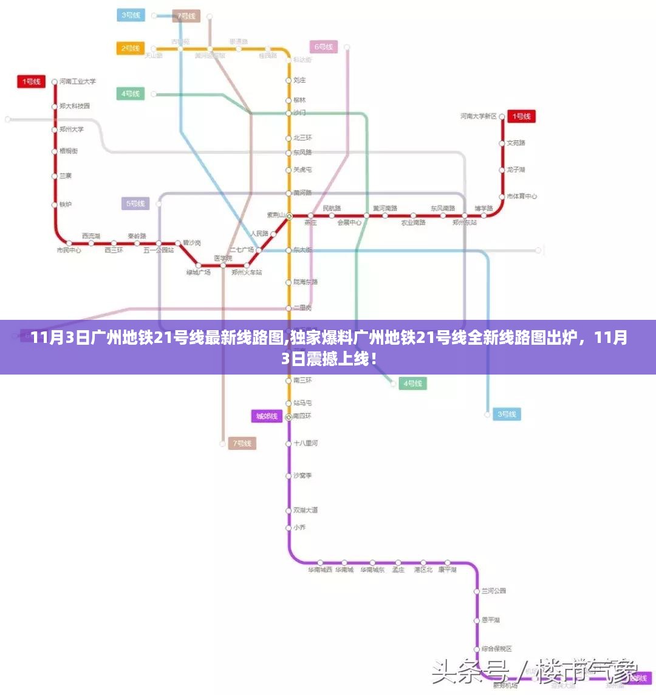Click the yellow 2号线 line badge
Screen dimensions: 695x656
tap(131, 48)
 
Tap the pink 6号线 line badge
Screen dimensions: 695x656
tap(324, 47)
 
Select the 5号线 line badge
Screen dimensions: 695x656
tap(135, 204)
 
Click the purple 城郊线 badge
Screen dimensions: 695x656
tap(267, 416)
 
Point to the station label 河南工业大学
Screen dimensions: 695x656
tap(78, 81)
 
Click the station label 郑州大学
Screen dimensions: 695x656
tap(72, 130)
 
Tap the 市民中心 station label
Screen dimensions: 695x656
tap(69, 250)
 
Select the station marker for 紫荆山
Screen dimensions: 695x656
tap(289, 215)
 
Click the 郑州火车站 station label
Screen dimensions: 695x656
tap(247, 272)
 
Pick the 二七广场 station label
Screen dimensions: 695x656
tap(241, 250)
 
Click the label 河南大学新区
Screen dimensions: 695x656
tap(479, 116)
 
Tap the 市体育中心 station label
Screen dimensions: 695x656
tap(522, 196)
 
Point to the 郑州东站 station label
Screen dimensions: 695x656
tap(465, 223)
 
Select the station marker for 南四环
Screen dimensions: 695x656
tap(289, 417)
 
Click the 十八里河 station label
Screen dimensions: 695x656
tap(306, 443)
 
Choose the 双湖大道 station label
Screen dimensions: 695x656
tap(306, 510)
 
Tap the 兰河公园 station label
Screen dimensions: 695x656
tap(494, 591)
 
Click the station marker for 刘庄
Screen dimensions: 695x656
tap(289, 80)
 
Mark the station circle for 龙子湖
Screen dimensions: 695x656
tap(502, 170)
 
